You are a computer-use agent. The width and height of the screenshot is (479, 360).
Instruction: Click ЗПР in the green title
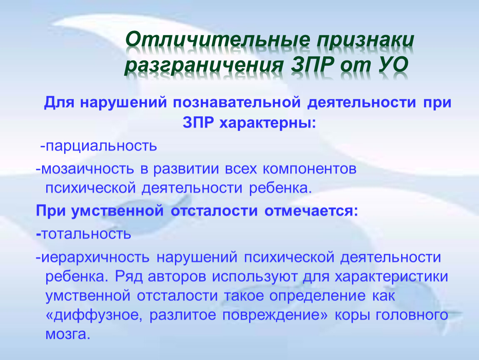pos(312,64)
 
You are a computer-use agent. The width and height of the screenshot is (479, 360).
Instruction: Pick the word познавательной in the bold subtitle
pos(237,102)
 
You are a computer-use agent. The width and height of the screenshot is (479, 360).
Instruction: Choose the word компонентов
pos(309,169)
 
